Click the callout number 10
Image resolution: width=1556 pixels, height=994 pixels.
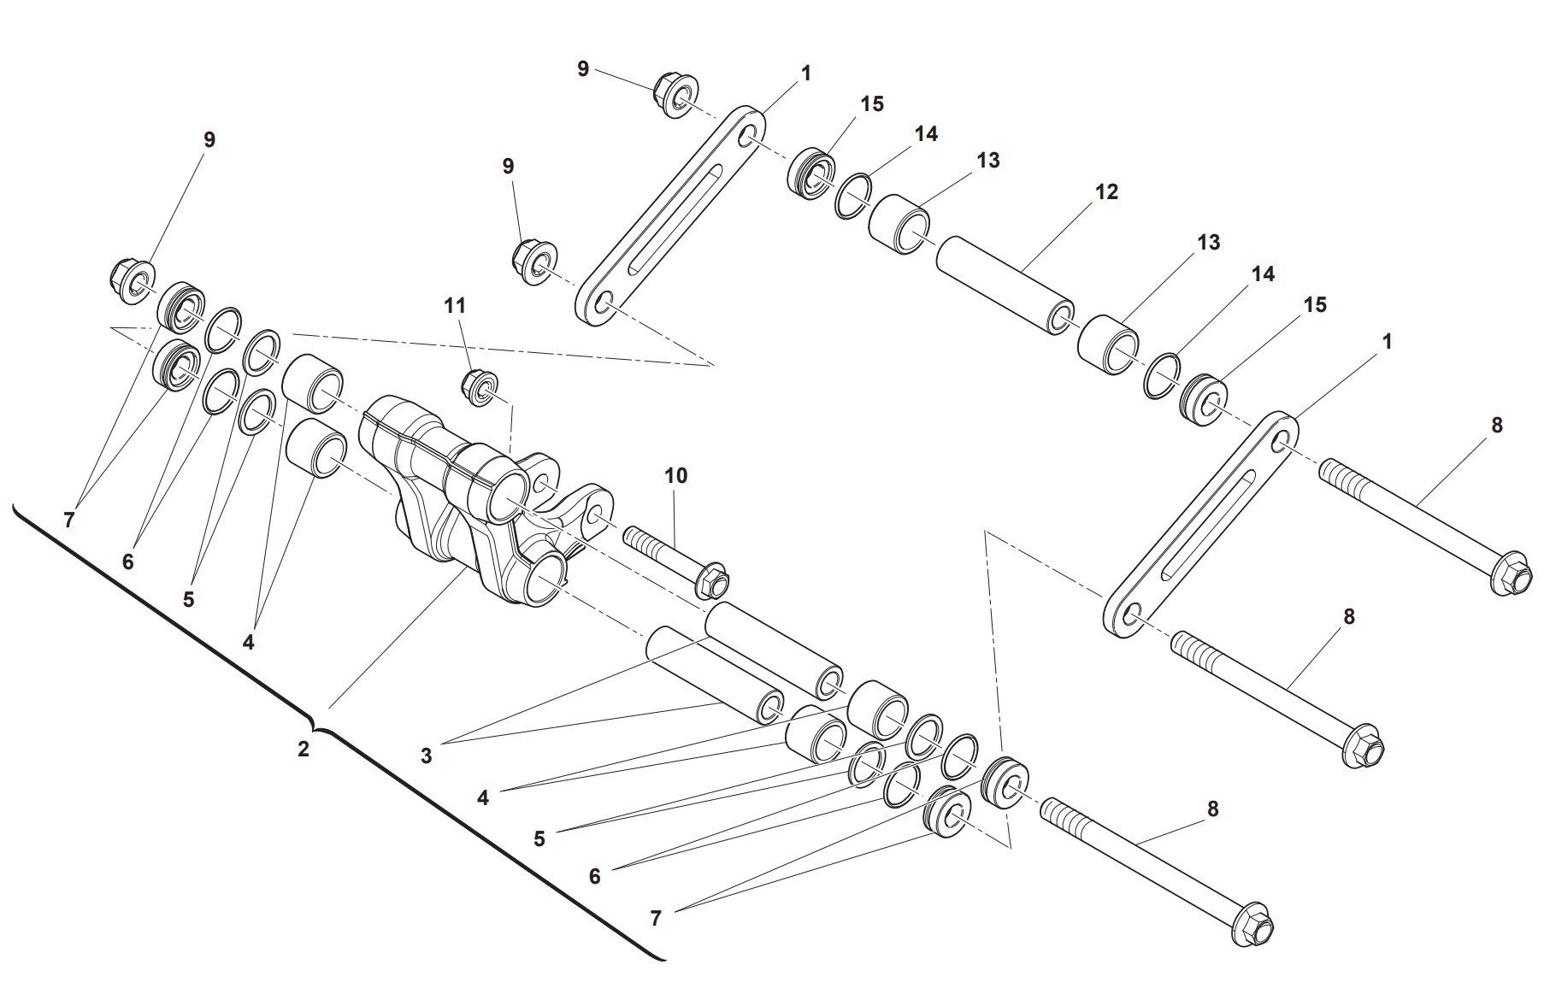tap(675, 475)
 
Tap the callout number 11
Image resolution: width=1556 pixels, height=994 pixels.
tap(455, 305)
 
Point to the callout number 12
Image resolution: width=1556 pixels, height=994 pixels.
tap(1106, 192)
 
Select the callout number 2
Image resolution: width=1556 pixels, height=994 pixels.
tap(304, 750)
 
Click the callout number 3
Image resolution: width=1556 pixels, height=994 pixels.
tap(426, 756)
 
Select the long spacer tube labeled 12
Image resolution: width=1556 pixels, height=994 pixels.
tap(1005, 287)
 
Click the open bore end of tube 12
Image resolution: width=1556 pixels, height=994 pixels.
tap(1061, 319)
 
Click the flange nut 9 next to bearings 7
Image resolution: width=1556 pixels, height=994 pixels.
tap(133, 279)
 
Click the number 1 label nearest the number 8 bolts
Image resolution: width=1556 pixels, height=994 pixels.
tap(1387, 342)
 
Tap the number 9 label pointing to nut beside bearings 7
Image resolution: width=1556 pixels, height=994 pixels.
tap(209, 140)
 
